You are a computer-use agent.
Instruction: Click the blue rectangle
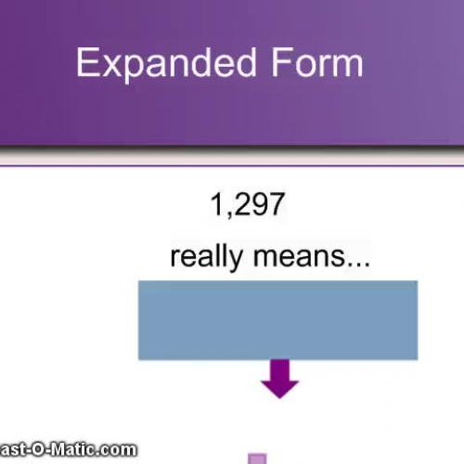pyautogui.click(x=277, y=319)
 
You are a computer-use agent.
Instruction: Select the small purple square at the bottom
pyautogui.click(x=258, y=458)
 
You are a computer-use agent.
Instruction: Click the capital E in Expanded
pyautogui.click(x=86, y=63)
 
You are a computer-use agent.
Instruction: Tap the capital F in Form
pyautogui.click(x=280, y=63)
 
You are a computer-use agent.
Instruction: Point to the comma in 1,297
pyautogui.click(x=228, y=214)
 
